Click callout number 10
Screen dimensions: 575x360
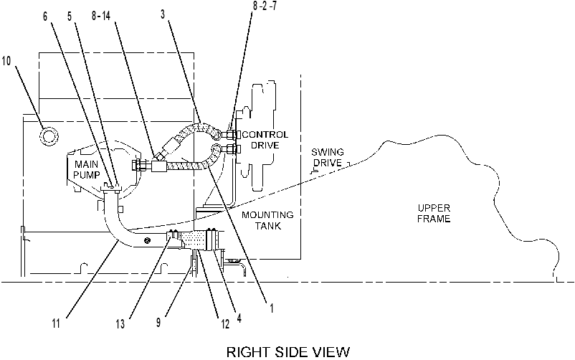point(6,60)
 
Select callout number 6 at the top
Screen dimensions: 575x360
point(45,16)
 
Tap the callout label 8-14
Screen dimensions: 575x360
point(101,16)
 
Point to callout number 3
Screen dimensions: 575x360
point(163,14)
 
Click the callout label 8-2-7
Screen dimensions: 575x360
point(265,6)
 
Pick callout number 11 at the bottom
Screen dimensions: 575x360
point(56,323)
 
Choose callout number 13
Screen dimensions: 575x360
point(120,324)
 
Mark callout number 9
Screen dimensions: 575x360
point(158,323)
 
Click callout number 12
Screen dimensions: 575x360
point(225,323)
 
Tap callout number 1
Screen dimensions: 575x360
point(271,308)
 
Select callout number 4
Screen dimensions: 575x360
point(239,318)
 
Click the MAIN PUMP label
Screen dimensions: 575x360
point(87,169)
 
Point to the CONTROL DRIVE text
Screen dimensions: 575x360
point(265,140)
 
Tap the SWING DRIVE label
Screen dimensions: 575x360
point(328,158)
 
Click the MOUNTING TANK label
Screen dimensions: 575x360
point(267,220)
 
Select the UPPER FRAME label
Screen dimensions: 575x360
point(434,214)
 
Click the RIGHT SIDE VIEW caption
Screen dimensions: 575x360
point(288,352)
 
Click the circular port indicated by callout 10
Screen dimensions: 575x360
point(49,136)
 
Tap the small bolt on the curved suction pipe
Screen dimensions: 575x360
point(148,240)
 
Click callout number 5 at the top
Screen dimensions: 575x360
point(70,16)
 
